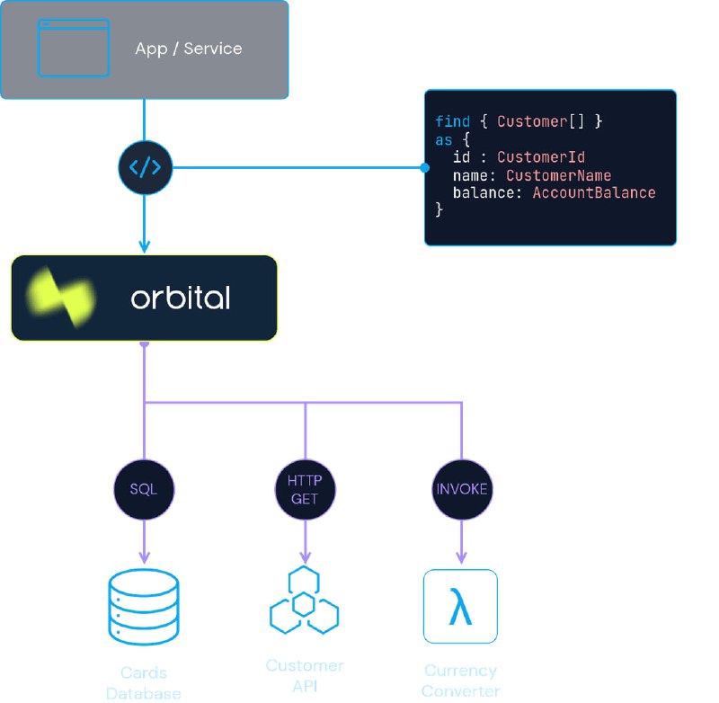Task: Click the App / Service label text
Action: [189, 49]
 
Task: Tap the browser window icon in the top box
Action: [73, 48]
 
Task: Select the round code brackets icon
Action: [145, 167]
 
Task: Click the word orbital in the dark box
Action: [180, 298]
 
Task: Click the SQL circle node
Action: [144, 490]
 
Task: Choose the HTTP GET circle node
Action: [305, 490]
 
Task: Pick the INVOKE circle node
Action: [462, 490]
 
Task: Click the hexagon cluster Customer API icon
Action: [305, 601]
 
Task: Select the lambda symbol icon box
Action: [460, 607]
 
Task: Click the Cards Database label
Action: [144, 682]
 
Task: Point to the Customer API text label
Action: [305, 676]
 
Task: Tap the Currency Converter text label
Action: [460, 681]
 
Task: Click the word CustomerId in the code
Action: [541, 157]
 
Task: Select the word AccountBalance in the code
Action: [594, 193]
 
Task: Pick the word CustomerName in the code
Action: [558, 175]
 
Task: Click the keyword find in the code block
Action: [452, 121]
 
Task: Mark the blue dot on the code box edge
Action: [425, 168]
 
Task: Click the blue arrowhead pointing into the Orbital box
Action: [145, 245]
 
